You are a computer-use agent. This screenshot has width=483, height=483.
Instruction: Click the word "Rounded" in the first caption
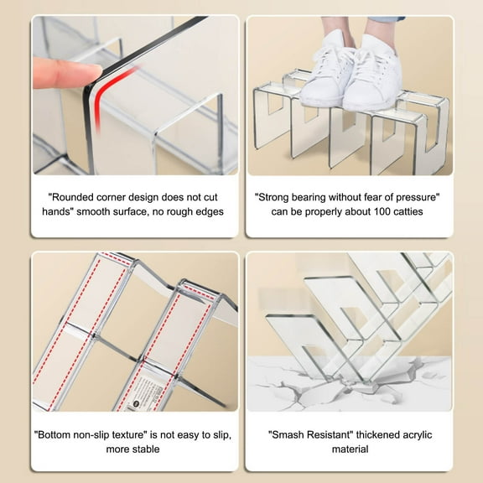tap(72, 197)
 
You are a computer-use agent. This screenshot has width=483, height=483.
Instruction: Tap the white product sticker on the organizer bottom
tap(142, 393)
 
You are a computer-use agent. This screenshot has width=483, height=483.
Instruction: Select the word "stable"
tap(146, 449)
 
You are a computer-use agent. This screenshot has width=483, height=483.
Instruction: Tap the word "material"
tap(350, 449)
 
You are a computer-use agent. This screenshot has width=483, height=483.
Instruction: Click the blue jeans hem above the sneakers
tap(387, 19)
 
